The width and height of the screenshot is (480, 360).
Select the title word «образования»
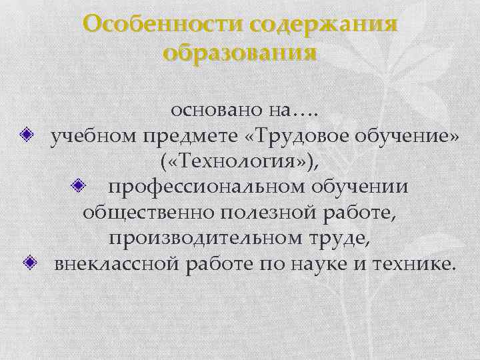[239, 52]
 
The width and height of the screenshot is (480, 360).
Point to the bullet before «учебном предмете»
[27, 135]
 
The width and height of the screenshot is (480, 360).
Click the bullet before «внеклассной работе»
[28, 263]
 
